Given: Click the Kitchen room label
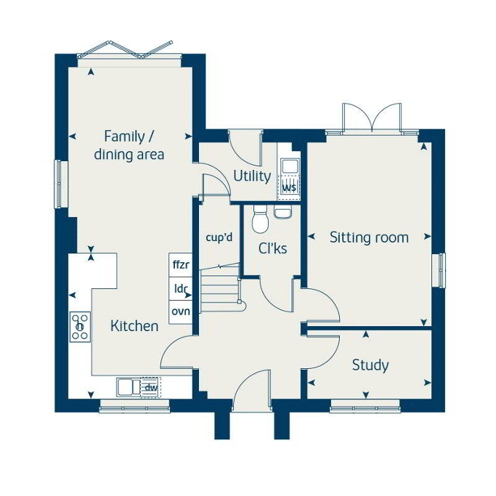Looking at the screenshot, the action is tap(134, 326).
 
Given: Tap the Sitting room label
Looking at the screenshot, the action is tap(369, 237).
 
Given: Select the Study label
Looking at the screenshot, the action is tap(370, 365).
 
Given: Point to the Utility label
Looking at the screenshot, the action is tap(252, 176).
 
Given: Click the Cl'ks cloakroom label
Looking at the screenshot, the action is tap(272, 248).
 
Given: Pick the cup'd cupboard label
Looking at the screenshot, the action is tap(219, 237).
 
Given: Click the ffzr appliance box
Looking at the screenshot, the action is tap(181, 265).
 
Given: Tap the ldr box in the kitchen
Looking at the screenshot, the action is tap(181, 288).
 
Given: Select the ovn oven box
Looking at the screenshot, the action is tap(181, 312).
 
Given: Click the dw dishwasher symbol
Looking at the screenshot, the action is tap(150, 387).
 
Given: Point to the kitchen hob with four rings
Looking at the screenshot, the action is tap(81, 327).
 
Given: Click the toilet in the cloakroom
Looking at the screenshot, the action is tap(260, 219).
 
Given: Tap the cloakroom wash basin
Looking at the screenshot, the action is tap(282, 211).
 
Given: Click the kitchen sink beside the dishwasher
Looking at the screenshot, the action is tap(129, 387).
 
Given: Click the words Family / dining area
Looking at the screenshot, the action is tap(129, 146).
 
